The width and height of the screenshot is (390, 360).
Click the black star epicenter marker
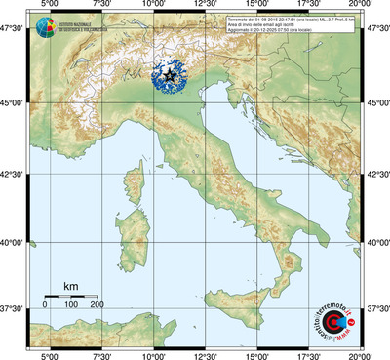tap(171, 75)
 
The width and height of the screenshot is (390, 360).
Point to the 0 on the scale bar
tap(45, 305)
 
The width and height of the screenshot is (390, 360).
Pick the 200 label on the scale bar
tap(97, 305)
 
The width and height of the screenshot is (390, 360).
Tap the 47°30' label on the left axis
tap(14, 31)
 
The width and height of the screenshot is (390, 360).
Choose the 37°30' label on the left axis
tap(14, 308)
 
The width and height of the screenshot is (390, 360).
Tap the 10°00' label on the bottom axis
tap(153, 355)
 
